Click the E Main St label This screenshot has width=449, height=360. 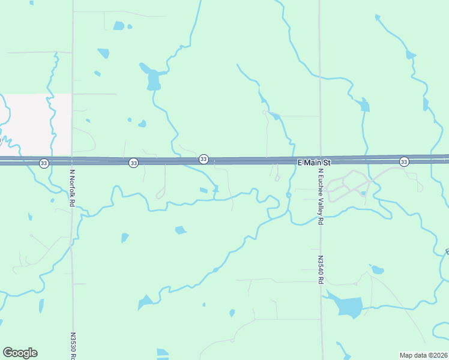pyautogui.click(x=314, y=163)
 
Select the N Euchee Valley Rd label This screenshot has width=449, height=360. pyautogui.click(x=321, y=196)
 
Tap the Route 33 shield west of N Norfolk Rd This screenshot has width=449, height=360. pyautogui.click(x=44, y=163)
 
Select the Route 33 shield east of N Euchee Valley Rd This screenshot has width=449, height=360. pyautogui.click(x=404, y=161)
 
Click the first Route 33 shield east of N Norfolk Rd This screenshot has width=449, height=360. pyautogui.click(x=133, y=163)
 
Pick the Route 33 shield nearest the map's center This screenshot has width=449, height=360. pyautogui.click(x=204, y=159)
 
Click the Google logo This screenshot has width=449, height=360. pyautogui.click(x=20, y=353)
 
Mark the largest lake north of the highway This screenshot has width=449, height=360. pyautogui.click(x=152, y=79)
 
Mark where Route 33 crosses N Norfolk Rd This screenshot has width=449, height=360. pyautogui.click(x=72, y=161)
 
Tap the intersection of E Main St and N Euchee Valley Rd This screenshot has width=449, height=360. pyautogui.click(x=320, y=160)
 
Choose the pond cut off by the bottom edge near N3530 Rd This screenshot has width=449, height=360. pyautogui.click(x=163, y=354)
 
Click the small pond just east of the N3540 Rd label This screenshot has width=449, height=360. pyautogui.click(x=377, y=269)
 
